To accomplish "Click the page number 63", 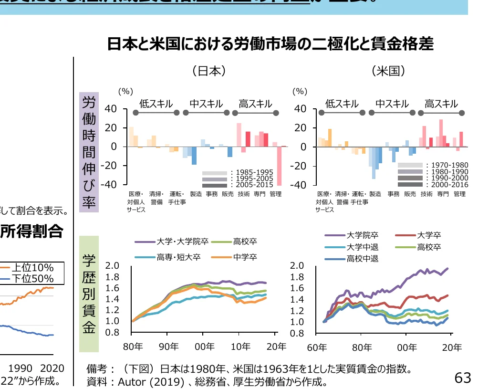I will [x=463, y=378].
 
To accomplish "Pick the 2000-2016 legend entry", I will [x=447, y=184].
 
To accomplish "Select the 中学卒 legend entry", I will [x=245, y=257].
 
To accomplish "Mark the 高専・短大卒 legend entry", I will [x=178, y=257].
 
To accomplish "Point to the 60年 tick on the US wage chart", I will [x=316, y=347].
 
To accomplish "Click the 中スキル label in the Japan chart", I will [x=206, y=104].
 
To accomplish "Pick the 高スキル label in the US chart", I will [x=441, y=104].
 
